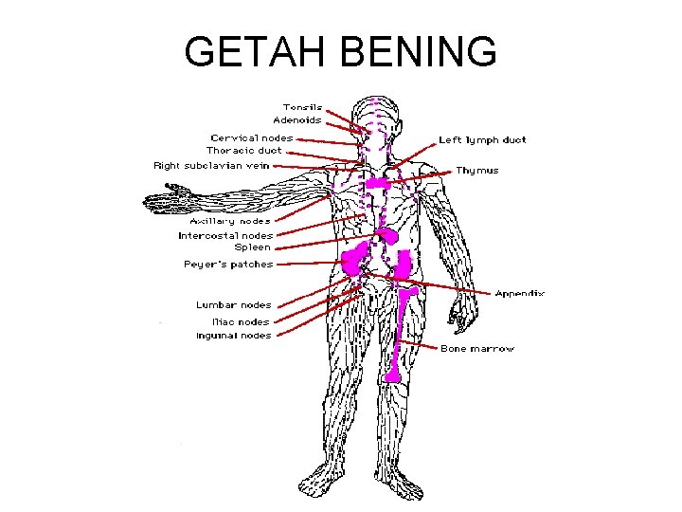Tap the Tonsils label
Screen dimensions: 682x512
tap(302, 107)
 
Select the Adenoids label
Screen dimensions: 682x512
tap(297, 120)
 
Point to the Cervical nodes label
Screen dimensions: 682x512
tap(252, 137)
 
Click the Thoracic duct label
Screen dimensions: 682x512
tap(244, 151)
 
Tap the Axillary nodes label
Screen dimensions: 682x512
tap(230, 221)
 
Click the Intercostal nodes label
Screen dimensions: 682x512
tap(225, 235)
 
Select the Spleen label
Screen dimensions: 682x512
tap(253, 247)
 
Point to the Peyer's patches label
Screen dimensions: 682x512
tap(228, 265)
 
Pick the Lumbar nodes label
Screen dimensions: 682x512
tap(233, 305)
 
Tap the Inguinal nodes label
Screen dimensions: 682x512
tap(233, 336)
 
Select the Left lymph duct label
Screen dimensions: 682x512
tap(482, 140)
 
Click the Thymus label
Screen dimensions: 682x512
tap(477, 171)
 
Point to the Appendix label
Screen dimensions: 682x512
tap(520, 294)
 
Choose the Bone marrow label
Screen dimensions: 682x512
tap(477, 349)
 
